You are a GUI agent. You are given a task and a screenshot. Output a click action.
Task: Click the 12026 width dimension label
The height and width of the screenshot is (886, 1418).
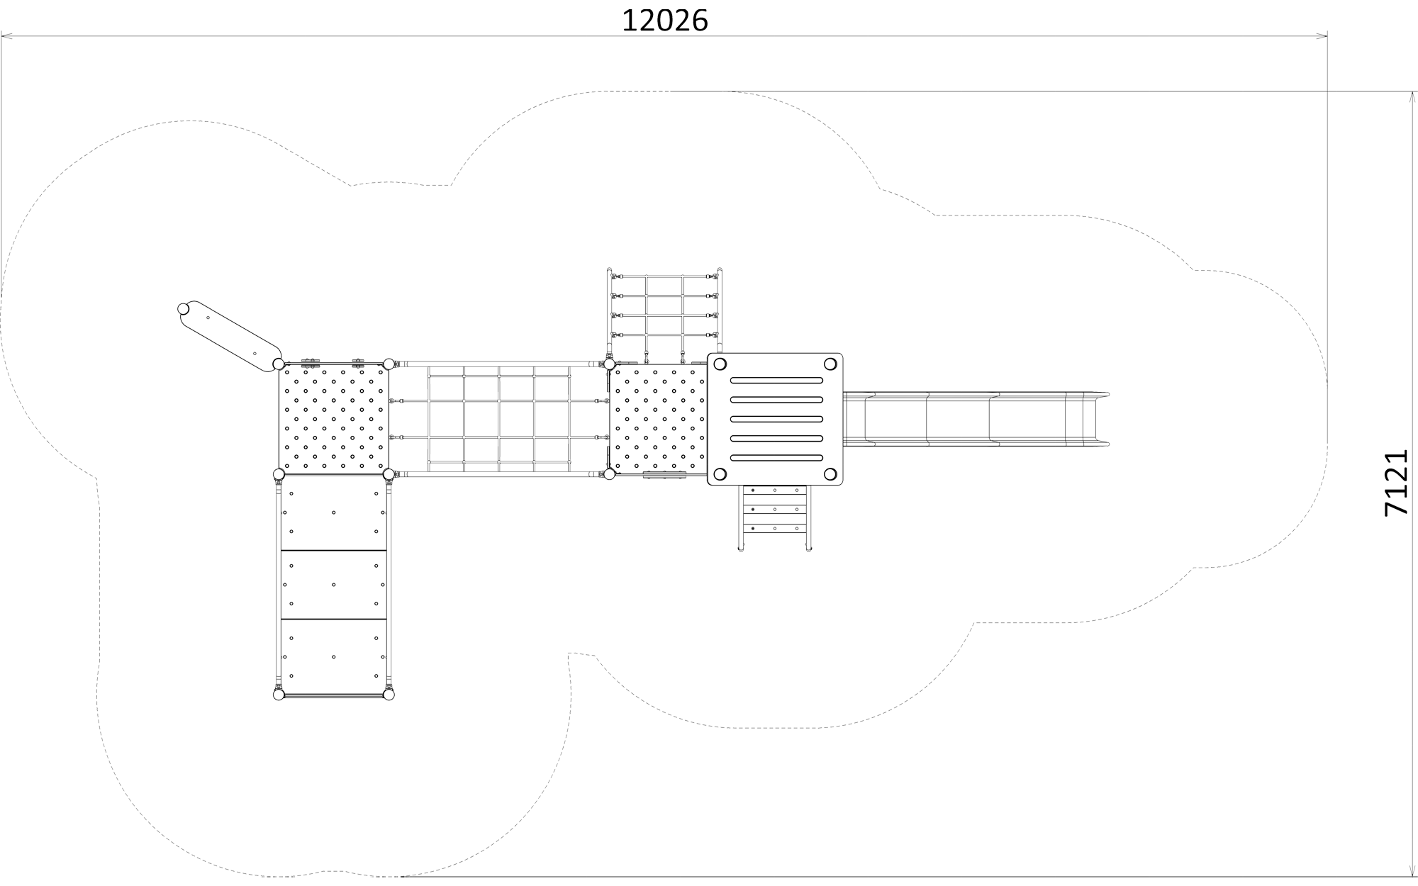pos(664,21)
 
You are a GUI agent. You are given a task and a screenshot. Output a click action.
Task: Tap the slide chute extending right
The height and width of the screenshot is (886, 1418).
pos(975,420)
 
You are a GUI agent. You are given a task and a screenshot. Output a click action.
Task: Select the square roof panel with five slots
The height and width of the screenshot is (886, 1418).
pos(775,420)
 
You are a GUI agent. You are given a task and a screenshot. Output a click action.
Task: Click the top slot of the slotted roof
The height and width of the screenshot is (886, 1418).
pos(776,381)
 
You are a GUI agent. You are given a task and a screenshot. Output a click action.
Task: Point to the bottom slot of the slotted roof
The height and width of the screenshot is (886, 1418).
pos(776,457)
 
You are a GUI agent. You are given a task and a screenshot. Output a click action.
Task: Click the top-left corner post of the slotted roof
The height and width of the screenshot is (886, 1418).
pos(720,364)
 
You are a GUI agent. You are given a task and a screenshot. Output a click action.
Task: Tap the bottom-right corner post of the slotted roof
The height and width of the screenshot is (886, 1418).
pos(830,474)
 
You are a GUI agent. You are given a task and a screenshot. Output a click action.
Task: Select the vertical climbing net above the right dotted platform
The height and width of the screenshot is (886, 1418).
pos(664,315)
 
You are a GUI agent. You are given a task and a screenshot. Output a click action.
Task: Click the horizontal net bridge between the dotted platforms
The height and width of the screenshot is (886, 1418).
pos(499,419)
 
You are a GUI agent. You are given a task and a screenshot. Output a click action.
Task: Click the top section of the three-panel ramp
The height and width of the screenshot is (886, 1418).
pos(334,512)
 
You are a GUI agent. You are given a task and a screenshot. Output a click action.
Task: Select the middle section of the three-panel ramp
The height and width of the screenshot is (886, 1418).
pos(334,585)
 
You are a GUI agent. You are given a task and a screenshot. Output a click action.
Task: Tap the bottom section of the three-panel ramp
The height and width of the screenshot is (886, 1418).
pos(334,656)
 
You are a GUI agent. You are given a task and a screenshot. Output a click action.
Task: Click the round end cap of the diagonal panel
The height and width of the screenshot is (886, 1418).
pos(184,310)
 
